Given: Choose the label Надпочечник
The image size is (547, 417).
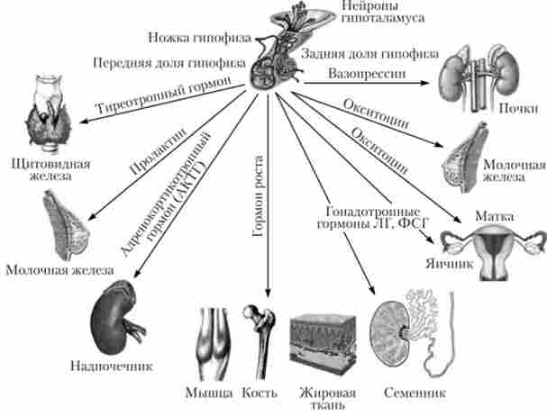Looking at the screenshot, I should (x=111, y=367).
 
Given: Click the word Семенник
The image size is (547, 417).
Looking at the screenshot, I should (x=414, y=394).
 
